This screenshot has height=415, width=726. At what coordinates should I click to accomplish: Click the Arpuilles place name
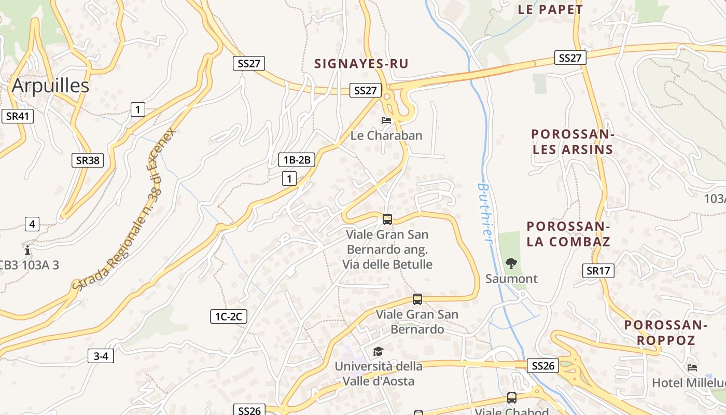click(x=50, y=86)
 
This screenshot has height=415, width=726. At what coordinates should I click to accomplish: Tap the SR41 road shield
click(x=17, y=116)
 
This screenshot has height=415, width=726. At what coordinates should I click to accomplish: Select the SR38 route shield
click(x=87, y=160)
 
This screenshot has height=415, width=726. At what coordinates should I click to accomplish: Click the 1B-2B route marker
click(x=297, y=160)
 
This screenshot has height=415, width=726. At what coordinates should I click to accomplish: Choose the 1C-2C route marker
click(x=228, y=316)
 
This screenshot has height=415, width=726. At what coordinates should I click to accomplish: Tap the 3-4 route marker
click(x=101, y=356)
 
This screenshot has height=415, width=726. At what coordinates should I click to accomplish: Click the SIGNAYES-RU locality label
click(x=361, y=64)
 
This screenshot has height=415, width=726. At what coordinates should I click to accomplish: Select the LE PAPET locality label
click(x=550, y=9)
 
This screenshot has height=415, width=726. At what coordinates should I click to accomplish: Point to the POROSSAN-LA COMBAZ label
click(x=568, y=234)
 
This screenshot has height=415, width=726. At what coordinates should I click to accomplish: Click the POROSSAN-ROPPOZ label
click(x=666, y=333)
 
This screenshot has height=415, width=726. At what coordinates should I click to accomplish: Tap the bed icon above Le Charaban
click(x=386, y=120)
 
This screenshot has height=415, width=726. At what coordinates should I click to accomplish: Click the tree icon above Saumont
click(x=511, y=263)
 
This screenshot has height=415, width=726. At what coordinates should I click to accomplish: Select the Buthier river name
click(x=485, y=212)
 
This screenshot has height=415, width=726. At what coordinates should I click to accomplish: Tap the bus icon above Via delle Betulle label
click(x=387, y=219)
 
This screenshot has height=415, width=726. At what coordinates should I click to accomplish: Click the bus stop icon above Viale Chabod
click(x=512, y=398)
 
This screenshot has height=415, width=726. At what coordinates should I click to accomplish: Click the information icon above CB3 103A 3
click(x=27, y=250)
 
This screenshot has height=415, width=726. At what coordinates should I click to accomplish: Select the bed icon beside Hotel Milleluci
click(x=692, y=368)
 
